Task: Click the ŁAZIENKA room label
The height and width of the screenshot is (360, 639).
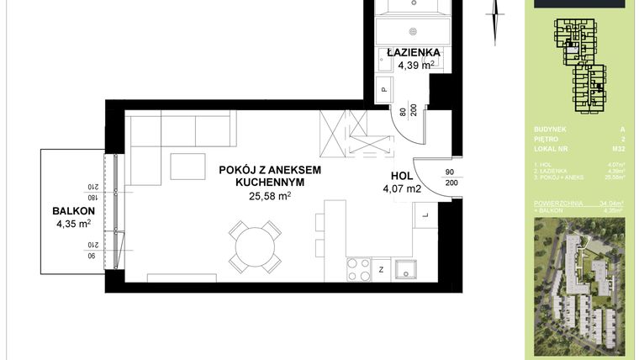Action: click(414, 52)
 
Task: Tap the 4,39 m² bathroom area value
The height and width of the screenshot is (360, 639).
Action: click(411, 65)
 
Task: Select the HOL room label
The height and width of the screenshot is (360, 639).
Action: click(402, 177)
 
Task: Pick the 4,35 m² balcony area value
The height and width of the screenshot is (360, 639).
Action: click(71, 224)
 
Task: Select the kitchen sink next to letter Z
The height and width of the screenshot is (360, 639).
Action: click(407, 270)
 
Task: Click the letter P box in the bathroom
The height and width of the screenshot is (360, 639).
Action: click(383, 89)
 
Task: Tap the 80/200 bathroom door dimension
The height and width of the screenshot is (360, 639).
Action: click(403, 115)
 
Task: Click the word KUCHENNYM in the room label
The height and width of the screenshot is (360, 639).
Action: click(268, 182)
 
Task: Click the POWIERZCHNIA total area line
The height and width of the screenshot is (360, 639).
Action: click(579, 203)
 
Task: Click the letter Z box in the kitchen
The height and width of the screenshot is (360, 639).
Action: click(382, 270)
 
